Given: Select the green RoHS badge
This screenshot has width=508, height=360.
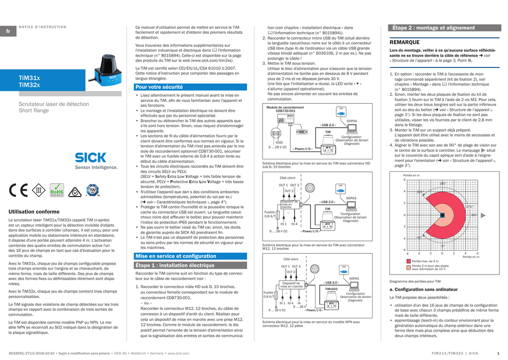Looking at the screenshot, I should point(57,191).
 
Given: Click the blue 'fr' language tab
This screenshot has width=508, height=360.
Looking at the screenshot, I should point(8,32).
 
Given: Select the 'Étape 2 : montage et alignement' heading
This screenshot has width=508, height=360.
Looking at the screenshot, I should point(433,28).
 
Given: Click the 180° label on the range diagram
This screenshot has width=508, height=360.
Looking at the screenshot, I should point(443,184).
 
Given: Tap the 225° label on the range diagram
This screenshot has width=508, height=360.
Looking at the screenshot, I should point(420,192).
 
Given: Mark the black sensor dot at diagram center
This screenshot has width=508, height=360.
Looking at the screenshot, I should point(443,215).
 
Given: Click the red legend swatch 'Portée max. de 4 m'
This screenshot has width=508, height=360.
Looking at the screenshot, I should point(408,261).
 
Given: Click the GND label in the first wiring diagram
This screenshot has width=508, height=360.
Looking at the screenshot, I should point(272,143).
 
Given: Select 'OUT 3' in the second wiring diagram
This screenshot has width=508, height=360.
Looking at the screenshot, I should point(295,185).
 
